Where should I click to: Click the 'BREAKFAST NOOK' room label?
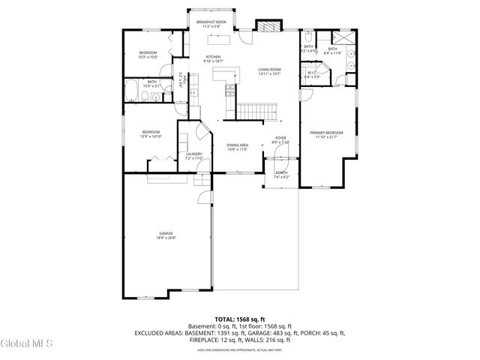(211, 22)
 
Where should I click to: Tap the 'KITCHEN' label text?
(214, 57)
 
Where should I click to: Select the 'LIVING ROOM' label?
(268, 68)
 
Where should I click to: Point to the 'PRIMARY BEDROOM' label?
(326, 133)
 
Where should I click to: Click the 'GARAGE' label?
(166, 233)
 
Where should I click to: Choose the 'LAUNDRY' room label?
(194, 154)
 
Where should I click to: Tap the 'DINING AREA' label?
(237, 145)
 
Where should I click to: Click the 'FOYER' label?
(280, 138)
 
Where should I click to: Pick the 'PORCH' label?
(280, 172)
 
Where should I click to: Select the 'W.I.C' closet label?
(313, 73)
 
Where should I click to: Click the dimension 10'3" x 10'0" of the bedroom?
(148, 57)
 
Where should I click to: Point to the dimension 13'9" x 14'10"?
(151, 136)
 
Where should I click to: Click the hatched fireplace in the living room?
(268, 25)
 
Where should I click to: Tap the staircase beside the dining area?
(253, 112)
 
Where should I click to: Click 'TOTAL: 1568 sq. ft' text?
(239, 319)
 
